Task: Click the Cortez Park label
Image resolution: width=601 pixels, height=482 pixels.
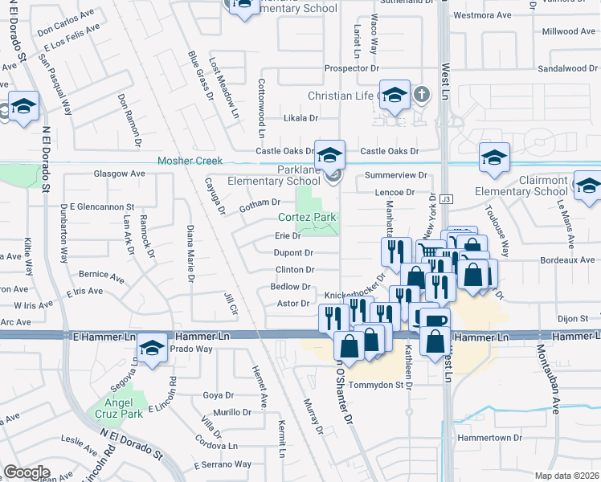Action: [307, 218]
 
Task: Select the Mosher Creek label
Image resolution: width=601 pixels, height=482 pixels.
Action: [190, 161]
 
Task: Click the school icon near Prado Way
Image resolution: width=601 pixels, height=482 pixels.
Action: [150, 348]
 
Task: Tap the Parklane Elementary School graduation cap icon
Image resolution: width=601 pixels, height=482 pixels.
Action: [329, 155]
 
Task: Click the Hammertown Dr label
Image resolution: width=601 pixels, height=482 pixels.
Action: [492, 438]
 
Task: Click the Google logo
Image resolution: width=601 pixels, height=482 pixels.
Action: [27, 472]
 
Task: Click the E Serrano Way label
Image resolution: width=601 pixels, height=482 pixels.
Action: [223, 464]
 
